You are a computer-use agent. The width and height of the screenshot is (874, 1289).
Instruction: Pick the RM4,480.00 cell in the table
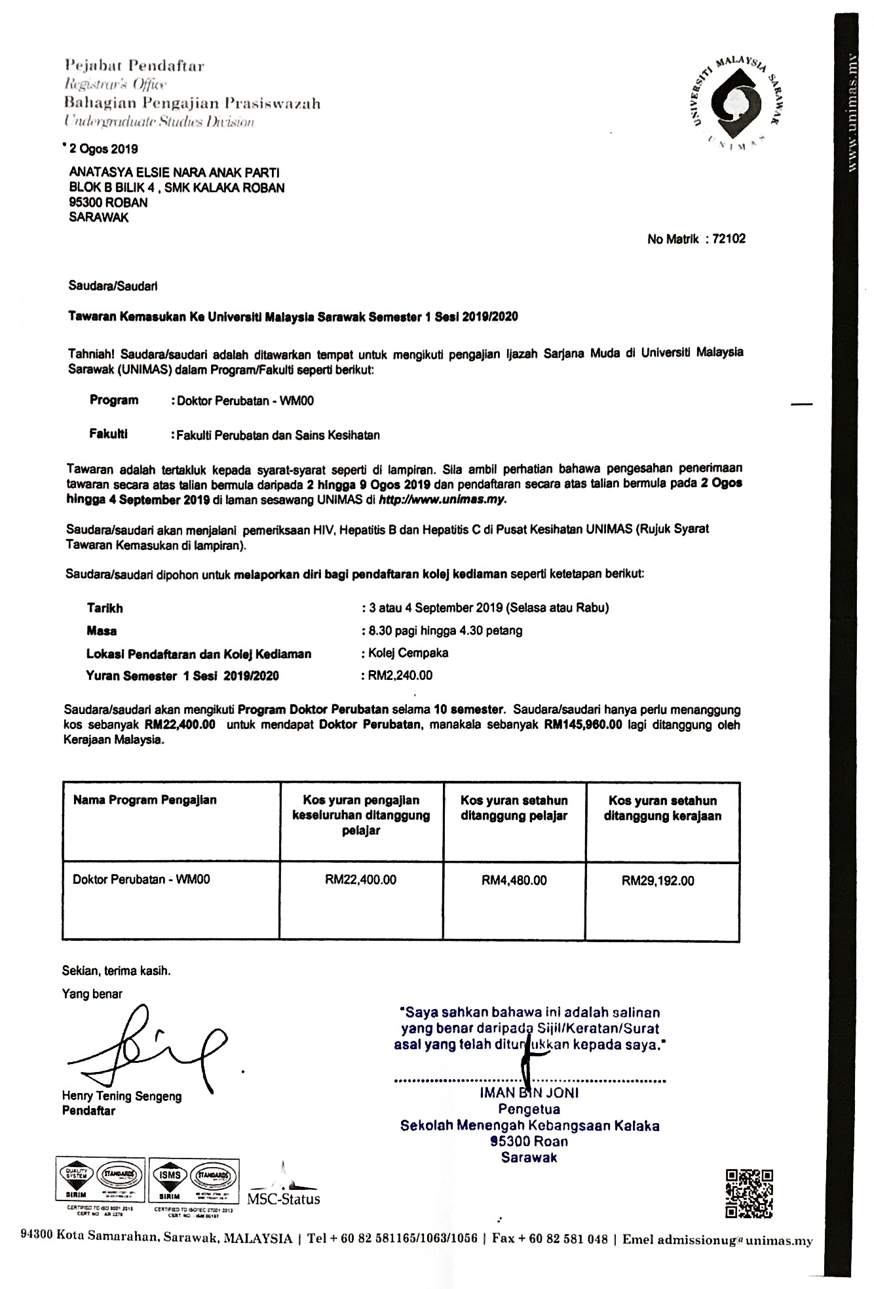tap(514, 880)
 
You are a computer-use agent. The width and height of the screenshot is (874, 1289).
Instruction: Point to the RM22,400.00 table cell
tap(360, 880)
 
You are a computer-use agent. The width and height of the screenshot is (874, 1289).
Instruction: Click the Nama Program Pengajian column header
tap(145, 800)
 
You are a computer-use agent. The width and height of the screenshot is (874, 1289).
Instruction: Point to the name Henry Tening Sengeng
tap(122, 1096)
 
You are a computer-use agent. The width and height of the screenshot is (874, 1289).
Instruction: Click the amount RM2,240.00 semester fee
tap(400, 675)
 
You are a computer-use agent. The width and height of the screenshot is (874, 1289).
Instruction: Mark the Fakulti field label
tap(108, 434)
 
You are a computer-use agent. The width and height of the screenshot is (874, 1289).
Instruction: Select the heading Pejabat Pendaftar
tap(134, 66)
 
